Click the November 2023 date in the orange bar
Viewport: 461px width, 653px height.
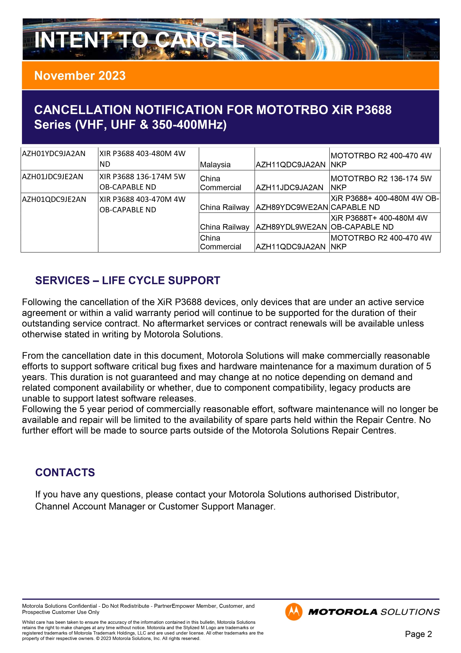point(80,76)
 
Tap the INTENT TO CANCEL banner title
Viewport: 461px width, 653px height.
point(139,40)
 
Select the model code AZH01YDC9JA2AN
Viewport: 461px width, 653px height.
point(54,154)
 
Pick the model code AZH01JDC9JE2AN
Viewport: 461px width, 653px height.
point(53,177)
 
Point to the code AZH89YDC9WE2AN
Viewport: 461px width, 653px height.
point(292,207)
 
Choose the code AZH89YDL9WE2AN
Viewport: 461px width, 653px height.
point(291,227)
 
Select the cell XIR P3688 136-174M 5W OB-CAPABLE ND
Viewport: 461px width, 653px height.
point(142,182)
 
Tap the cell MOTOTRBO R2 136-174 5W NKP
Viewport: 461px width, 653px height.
point(381,183)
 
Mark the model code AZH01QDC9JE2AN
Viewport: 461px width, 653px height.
point(54,199)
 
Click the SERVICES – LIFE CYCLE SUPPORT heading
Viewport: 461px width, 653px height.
point(128,280)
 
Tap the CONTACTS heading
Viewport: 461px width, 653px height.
point(65,472)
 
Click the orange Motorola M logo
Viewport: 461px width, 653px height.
point(294,612)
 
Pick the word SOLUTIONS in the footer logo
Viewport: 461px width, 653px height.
point(410,612)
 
